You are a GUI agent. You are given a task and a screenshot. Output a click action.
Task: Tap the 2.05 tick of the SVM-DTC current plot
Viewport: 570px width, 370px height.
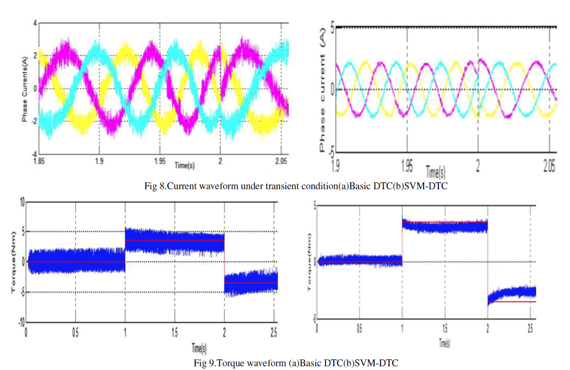[x=550, y=167]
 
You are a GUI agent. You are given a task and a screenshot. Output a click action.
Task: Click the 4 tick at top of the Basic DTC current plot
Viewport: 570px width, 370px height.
[x=34, y=23]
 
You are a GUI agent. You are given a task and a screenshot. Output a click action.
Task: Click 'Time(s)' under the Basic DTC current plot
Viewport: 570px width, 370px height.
[x=184, y=165]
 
